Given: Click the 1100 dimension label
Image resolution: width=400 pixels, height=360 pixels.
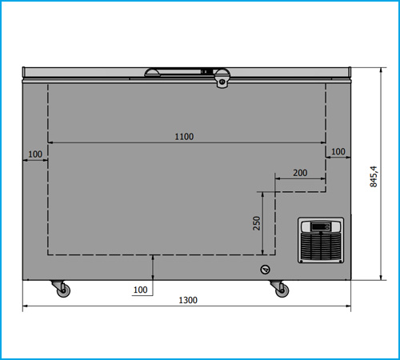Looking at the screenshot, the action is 184,137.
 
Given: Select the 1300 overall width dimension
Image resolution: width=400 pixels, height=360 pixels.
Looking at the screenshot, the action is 188,300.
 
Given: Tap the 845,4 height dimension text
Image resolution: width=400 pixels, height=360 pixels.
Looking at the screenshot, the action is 374,177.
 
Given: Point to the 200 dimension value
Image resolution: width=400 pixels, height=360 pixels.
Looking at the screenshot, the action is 300,173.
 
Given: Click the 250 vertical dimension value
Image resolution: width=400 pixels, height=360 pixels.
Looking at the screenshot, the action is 257,223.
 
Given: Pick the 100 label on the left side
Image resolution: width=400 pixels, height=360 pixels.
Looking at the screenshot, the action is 35,154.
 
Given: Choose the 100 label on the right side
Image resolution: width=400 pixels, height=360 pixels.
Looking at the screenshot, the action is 338,151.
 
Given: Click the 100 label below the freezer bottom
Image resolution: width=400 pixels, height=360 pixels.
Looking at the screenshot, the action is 140,290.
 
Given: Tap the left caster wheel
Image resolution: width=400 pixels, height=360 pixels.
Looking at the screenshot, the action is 64,290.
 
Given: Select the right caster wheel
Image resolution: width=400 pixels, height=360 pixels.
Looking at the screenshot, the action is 282,290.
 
